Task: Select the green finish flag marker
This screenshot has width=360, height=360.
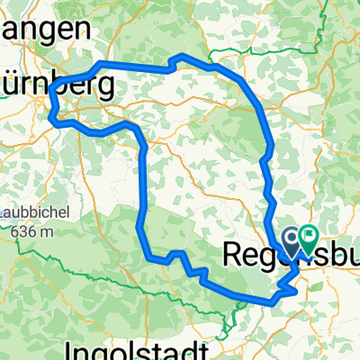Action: coord(308,238)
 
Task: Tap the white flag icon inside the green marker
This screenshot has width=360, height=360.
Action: coord(308,237)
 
